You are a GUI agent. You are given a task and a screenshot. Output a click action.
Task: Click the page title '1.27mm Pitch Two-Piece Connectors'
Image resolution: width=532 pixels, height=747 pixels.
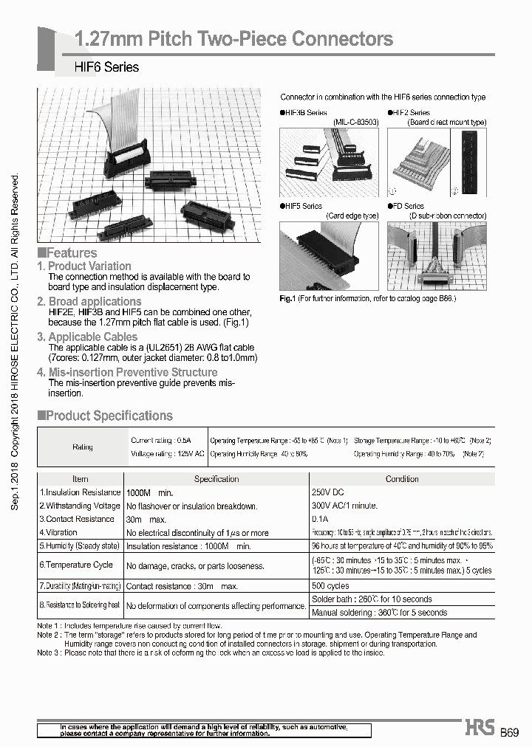point(234,39)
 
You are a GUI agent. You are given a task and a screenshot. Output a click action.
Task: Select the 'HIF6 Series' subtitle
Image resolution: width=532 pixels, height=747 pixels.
point(106,67)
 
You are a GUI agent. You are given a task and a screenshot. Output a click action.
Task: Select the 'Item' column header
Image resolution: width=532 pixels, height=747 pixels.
point(80,478)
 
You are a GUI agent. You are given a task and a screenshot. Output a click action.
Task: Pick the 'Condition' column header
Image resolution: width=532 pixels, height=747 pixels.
point(401,478)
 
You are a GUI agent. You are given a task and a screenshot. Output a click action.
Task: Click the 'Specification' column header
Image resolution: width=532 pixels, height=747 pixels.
point(216,478)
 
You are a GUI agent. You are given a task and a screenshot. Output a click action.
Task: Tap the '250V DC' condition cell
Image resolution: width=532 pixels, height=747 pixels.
point(328,492)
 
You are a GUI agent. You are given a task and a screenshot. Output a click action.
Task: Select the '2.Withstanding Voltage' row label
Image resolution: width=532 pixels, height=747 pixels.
point(80,506)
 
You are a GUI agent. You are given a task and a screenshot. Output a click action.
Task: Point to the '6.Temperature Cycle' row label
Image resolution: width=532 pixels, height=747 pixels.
point(76,565)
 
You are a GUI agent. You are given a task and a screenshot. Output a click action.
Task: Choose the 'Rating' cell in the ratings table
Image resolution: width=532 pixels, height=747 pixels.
point(83,447)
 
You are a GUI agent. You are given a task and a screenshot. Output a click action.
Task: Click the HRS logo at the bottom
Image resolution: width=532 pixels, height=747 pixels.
point(479,729)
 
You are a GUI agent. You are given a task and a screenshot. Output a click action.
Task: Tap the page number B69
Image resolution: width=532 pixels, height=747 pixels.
point(510,732)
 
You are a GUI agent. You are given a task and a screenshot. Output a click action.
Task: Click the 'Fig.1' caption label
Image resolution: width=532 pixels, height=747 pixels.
point(287,298)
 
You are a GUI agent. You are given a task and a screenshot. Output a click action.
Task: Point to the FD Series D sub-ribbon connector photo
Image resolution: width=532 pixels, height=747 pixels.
point(437,256)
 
